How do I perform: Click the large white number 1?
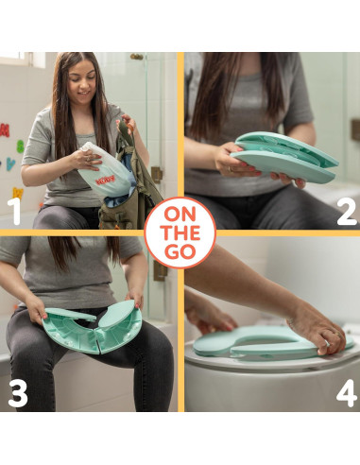(x=14, y=211)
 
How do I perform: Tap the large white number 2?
(x=347, y=212)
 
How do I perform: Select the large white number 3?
(x=18, y=394)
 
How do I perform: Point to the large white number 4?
(x=347, y=393)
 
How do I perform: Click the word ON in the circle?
(x=180, y=215)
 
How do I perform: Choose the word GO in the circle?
(x=180, y=252)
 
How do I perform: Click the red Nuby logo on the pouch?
(x=105, y=181)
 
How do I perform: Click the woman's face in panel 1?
(x=82, y=82)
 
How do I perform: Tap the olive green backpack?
(x=130, y=182)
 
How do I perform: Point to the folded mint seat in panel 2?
(x=284, y=157)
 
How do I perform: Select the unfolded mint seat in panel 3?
(x=92, y=328)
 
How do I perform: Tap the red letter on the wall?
(x=5, y=130)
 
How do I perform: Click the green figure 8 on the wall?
(x=20, y=146)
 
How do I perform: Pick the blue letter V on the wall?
(x=11, y=164)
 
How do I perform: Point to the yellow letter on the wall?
(x=18, y=193)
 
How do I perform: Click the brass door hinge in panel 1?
(x=157, y=175)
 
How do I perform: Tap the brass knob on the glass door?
(x=137, y=57)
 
